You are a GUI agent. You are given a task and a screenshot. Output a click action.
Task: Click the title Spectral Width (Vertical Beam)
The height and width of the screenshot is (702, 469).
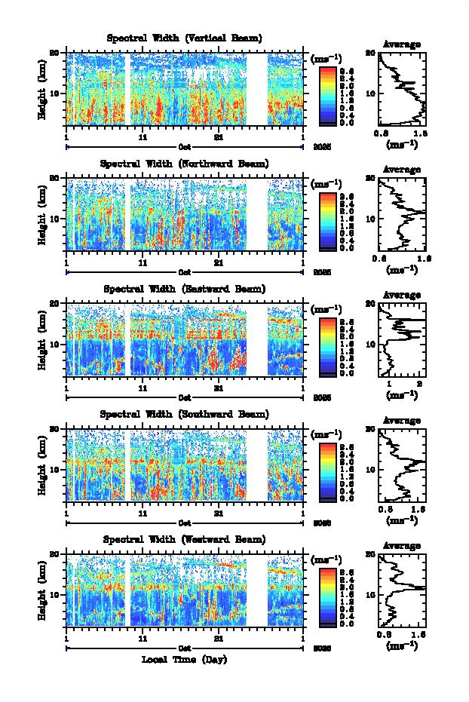[x=185, y=38]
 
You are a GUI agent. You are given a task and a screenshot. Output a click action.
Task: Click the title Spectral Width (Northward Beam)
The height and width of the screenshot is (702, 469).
[x=185, y=164]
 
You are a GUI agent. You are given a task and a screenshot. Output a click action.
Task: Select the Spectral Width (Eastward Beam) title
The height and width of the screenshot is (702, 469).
[x=185, y=289]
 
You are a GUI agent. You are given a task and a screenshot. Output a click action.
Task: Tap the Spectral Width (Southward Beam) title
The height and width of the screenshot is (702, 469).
[x=185, y=414]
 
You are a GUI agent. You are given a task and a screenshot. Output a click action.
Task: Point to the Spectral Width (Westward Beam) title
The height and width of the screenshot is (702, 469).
[x=185, y=539]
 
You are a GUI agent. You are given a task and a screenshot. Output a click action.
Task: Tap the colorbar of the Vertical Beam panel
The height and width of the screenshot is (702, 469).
[x=327, y=93]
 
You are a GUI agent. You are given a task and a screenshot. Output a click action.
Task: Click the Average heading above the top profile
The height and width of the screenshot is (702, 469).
[x=402, y=44]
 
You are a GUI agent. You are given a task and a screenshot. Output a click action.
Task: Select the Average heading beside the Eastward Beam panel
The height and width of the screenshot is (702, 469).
[x=402, y=295]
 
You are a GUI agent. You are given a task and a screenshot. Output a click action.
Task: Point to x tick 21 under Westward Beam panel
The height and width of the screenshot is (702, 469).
[x=219, y=637]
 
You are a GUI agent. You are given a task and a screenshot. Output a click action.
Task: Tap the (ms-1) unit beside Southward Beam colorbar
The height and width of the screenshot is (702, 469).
[x=326, y=434]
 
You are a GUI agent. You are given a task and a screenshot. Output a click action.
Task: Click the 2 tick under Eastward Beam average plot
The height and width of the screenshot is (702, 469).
[x=418, y=385]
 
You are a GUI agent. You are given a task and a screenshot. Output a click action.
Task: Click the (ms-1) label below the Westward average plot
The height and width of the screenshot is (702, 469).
[x=402, y=646]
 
